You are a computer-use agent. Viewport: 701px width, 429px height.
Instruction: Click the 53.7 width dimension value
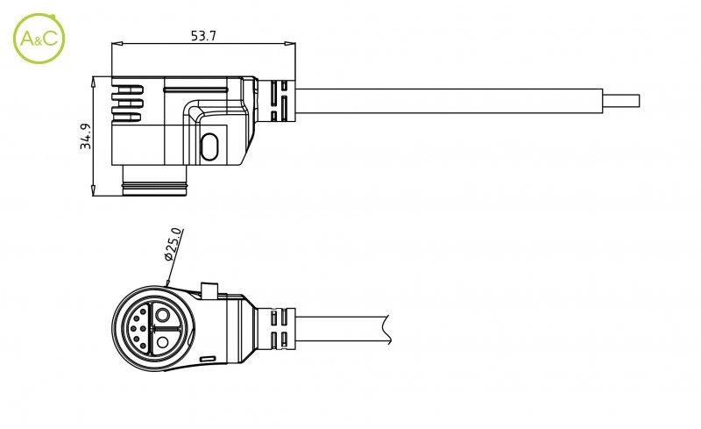(x=203, y=36)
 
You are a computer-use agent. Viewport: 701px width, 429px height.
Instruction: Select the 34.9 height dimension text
(x=85, y=136)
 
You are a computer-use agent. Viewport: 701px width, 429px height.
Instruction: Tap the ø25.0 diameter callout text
(x=173, y=244)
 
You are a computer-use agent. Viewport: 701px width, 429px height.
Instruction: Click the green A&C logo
(x=39, y=39)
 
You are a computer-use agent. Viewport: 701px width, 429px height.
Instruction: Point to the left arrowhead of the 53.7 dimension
(x=117, y=44)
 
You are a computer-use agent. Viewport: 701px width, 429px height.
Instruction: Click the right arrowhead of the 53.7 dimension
(x=290, y=44)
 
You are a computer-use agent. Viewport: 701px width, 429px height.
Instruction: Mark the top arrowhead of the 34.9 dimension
(x=94, y=82)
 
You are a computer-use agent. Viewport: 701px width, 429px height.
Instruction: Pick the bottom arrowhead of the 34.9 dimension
(x=94, y=190)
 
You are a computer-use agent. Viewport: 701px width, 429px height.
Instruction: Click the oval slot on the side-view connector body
(x=209, y=147)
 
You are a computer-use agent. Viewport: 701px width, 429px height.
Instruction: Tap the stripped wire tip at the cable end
(x=621, y=101)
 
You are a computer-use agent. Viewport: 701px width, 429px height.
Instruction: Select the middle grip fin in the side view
(x=126, y=104)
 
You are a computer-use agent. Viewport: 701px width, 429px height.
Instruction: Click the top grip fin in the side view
(x=126, y=91)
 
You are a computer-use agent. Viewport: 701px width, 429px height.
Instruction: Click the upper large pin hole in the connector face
(x=163, y=315)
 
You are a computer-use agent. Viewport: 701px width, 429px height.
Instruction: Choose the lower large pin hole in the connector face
(x=163, y=343)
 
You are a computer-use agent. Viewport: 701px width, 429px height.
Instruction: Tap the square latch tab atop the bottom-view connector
(x=209, y=290)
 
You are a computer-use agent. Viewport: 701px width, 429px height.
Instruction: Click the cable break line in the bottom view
(x=386, y=330)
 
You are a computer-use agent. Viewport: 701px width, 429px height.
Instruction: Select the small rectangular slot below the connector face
(x=208, y=359)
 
